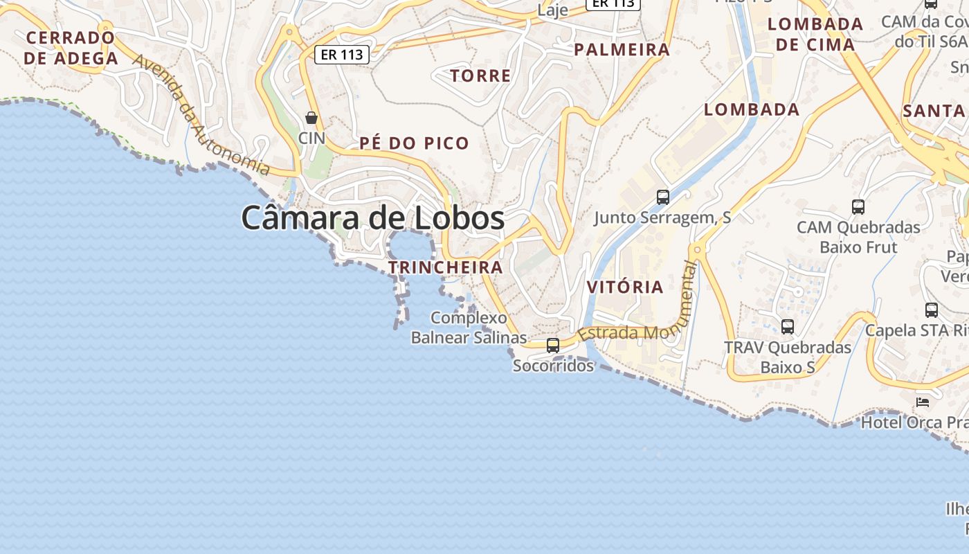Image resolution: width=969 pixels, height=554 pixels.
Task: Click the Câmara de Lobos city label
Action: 372,218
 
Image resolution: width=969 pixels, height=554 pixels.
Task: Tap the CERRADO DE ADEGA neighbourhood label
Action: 71,48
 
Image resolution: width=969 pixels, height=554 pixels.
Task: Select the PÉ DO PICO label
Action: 414,143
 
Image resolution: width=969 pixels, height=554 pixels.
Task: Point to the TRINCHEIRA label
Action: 445,267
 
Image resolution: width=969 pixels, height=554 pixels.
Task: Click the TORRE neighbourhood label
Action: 480,75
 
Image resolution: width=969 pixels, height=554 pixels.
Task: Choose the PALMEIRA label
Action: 622,49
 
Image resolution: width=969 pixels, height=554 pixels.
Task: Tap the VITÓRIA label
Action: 624,287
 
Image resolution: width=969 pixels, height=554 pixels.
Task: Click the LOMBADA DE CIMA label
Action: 815,34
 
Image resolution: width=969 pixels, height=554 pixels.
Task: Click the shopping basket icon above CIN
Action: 311,118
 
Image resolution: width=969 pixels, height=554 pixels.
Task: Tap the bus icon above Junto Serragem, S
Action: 662,197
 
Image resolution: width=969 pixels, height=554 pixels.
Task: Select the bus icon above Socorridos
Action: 552,345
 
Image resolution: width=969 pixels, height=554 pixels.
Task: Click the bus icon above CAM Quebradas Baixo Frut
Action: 858,206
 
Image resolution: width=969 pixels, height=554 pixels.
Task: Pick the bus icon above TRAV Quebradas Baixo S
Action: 787,326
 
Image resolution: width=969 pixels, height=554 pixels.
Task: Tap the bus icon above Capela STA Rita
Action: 931,310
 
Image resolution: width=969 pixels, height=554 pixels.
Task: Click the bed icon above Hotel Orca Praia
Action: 922,402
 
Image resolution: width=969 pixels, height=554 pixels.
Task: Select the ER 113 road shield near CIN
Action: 342,55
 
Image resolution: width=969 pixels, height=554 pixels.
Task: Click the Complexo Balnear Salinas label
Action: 469,328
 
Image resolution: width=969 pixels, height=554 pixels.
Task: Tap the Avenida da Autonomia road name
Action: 200,115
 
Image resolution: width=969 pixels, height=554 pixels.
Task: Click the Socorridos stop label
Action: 552,365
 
